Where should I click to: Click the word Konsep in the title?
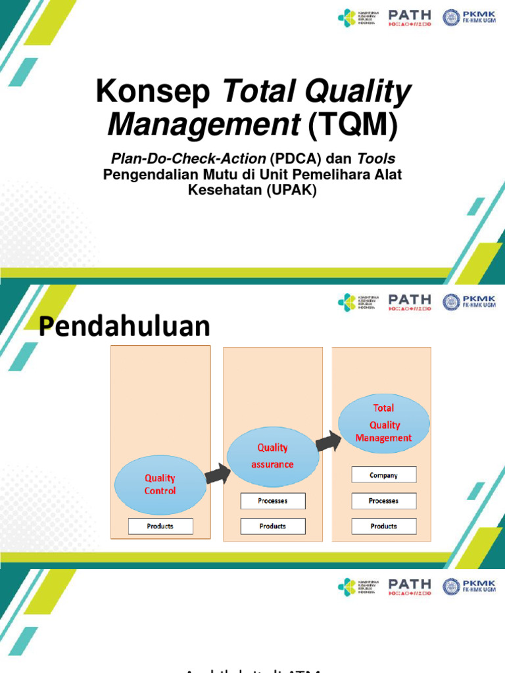[153, 92]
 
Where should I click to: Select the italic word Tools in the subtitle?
[376, 160]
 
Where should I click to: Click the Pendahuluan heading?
[124, 327]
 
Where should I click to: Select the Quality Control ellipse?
[160, 485]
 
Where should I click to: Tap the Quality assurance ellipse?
[272, 455]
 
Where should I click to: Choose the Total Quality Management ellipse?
[384, 423]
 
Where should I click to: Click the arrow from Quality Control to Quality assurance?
[216, 473]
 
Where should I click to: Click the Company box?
[384, 475]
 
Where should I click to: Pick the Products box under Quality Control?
[160, 526]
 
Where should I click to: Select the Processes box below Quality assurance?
[273, 501]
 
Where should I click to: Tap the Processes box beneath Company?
[384, 501]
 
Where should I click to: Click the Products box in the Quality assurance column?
[273, 526]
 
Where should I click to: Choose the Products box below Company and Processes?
[384, 526]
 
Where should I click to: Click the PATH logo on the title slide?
[410, 18]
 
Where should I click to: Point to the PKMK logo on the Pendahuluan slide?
[469, 302]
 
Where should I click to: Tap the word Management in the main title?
[204, 125]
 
